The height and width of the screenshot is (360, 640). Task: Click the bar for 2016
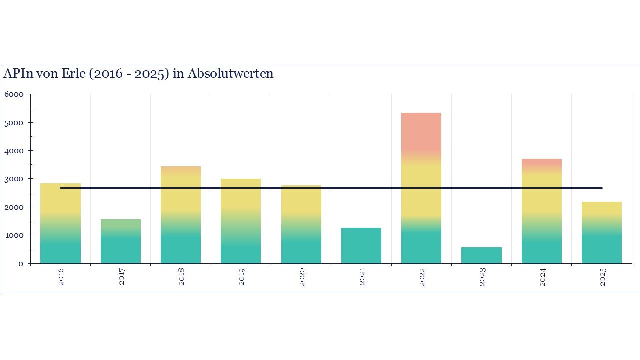[60, 225]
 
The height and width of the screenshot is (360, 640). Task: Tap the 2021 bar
[361, 245]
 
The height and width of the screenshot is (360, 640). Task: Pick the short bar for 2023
[481, 255]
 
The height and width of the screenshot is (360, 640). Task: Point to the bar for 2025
[602, 232]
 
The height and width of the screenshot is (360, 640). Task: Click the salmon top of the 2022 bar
[421, 132]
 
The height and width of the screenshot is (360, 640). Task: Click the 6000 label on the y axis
[14, 94]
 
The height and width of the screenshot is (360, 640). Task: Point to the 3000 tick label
[14, 179]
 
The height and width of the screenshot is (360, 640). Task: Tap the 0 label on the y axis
[20, 264]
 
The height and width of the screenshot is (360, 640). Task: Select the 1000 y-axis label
[14, 235]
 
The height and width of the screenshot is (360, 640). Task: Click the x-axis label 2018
[181, 277]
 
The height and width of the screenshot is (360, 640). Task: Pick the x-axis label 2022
[422, 277]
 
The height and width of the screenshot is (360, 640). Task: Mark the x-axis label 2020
[302, 277]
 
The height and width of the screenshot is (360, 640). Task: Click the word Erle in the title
[86, 74]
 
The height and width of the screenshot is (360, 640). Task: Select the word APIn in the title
[18, 74]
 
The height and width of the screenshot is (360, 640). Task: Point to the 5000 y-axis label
[14, 122]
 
